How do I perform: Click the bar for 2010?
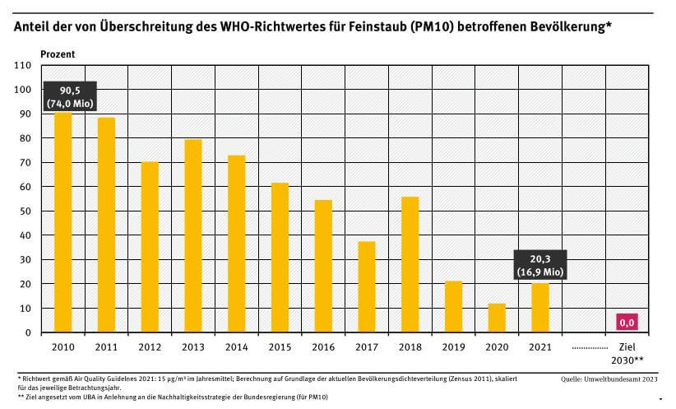click(x=63, y=222)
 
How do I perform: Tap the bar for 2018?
click(x=409, y=264)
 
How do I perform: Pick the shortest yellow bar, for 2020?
click(x=495, y=318)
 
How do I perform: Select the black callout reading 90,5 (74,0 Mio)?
click(x=69, y=96)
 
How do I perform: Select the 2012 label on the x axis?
click(x=150, y=346)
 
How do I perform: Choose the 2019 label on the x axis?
click(x=452, y=346)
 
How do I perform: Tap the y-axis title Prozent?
click(x=58, y=53)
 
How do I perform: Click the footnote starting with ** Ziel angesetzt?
click(x=177, y=397)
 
